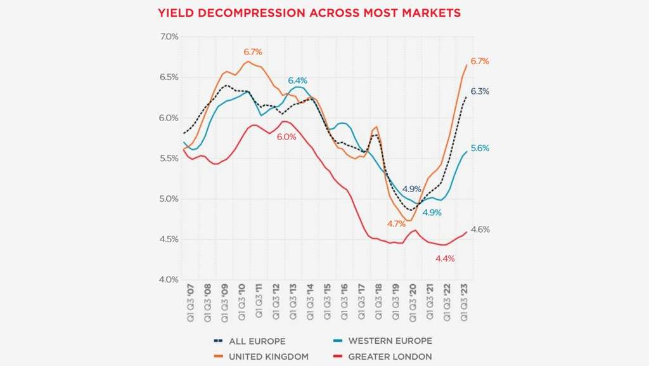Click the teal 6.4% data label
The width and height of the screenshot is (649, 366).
[297, 81]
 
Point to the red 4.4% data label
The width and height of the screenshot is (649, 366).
[445, 258]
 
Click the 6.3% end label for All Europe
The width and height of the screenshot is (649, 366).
[480, 91]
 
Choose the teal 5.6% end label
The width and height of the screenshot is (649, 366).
[480, 148]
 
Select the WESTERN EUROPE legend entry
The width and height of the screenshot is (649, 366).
[390, 341]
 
